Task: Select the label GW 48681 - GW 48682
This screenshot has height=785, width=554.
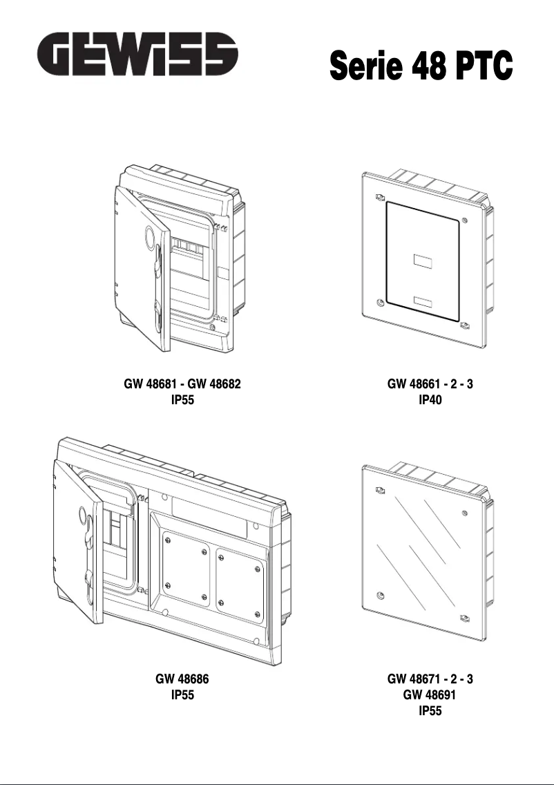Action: [x=182, y=384]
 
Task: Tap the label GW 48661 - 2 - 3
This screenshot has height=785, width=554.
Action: [x=430, y=384]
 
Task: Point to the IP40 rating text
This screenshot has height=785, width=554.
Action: [x=430, y=399]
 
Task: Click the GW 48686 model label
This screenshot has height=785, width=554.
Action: [x=182, y=679]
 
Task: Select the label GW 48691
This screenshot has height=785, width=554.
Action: [x=430, y=695]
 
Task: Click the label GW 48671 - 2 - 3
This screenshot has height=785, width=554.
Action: [x=430, y=679]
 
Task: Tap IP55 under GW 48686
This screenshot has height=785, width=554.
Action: [x=182, y=695]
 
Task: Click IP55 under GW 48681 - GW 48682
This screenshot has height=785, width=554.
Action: [x=182, y=399]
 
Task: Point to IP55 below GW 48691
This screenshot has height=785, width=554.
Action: [x=430, y=710]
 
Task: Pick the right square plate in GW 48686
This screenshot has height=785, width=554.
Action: [x=239, y=579]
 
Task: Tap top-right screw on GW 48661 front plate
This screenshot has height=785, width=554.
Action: [x=464, y=220]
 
